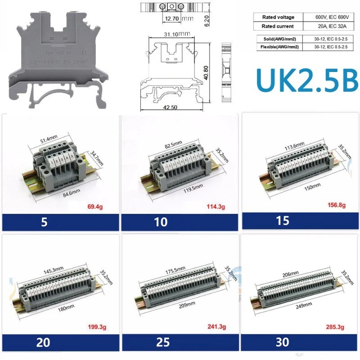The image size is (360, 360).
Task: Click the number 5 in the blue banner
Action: click(44, 222)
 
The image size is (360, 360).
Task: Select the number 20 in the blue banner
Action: click(44, 342)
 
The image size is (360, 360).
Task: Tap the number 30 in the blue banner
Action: click(282, 342)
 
